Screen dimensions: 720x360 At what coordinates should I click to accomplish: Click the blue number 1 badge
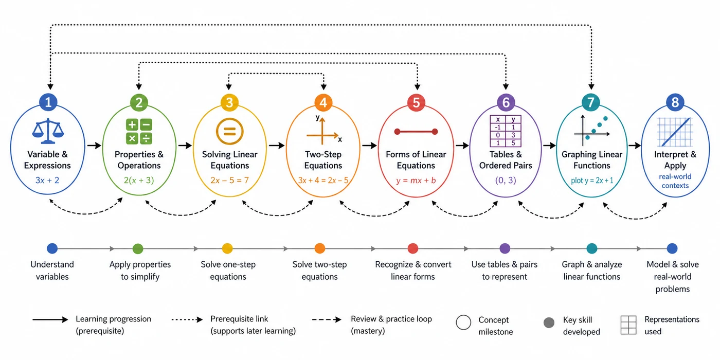tap(48, 102)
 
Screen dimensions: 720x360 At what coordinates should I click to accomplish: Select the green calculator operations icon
tap(139, 132)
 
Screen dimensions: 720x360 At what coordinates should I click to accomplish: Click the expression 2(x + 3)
tap(139, 181)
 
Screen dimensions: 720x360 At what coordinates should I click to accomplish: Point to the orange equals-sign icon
tap(229, 132)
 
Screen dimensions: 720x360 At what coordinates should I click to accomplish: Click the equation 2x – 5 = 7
tap(229, 181)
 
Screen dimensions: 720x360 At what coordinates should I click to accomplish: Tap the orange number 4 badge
tap(323, 102)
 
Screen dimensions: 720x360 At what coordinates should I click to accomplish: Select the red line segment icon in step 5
tap(416, 132)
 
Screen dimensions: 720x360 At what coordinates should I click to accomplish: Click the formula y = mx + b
tap(416, 181)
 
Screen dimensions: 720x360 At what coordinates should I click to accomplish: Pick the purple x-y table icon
tap(506, 131)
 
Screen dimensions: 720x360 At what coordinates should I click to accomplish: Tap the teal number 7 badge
tap(591, 102)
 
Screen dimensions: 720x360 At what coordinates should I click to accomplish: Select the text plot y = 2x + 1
tap(592, 181)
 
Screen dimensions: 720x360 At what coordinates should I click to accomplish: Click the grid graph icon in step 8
tap(675, 132)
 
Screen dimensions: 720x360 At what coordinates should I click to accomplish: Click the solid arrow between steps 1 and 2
tap(94, 146)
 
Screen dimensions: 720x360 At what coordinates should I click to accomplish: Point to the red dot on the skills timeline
tap(412, 248)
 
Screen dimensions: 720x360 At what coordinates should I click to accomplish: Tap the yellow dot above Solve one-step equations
tap(227, 248)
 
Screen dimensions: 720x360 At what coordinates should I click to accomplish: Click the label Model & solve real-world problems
tap(673, 277)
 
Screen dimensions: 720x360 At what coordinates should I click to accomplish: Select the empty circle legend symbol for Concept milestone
tap(463, 322)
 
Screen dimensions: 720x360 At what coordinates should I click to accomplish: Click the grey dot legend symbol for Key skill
tap(549, 323)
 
